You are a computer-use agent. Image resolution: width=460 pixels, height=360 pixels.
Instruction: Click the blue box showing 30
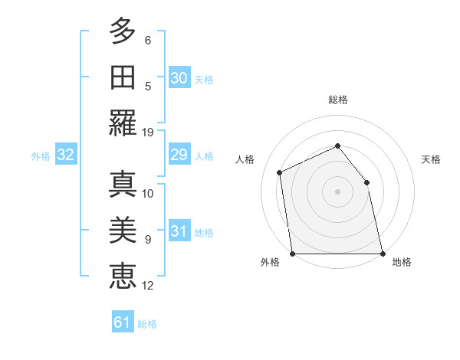click(179, 77)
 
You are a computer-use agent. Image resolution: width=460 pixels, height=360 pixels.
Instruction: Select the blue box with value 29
click(179, 155)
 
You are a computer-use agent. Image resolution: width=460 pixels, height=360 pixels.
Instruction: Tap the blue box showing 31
click(179, 231)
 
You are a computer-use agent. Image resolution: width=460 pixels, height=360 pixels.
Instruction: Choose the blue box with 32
click(65, 155)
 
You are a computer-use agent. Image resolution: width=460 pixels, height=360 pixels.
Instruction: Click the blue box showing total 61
click(123, 322)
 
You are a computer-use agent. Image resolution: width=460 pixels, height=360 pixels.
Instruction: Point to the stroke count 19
click(148, 133)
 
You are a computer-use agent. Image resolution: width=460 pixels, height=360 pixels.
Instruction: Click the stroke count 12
click(148, 286)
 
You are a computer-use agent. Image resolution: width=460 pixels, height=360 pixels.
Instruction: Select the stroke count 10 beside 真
click(148, 193)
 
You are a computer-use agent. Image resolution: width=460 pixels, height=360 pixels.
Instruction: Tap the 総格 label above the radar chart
click(337, 100)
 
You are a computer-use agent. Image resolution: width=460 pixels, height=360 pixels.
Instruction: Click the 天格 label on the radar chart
click(431, 160)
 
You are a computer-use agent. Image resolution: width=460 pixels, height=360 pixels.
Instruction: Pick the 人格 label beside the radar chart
click(245, 160)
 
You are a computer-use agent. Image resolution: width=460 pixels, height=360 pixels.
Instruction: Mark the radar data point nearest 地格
click(383, 254)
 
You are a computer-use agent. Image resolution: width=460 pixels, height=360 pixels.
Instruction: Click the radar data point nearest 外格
click(292, 254)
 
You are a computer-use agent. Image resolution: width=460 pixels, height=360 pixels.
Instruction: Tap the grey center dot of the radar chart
click(337, 191)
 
